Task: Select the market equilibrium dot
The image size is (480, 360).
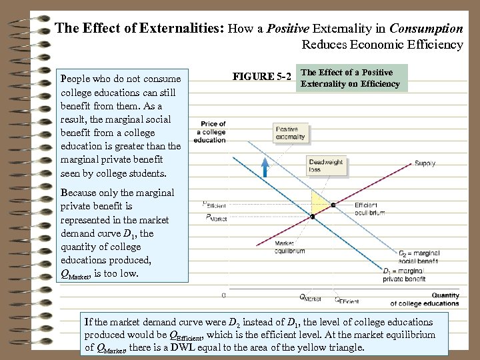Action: point(312,217)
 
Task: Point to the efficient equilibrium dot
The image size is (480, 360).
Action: point(333,203)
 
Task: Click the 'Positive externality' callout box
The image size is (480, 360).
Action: point(291,133)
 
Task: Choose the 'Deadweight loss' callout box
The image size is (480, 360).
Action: point(326,165)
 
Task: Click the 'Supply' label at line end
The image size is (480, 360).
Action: point(425,163)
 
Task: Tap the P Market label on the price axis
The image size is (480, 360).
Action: point(216,217)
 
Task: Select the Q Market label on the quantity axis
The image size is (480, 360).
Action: point(310,297)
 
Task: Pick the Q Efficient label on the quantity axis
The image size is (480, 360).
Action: point(346,301)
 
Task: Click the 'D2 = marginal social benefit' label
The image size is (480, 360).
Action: point(420,257)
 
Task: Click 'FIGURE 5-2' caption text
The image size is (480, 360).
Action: point(262,77)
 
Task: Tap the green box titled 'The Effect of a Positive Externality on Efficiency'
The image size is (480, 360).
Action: point(351,78)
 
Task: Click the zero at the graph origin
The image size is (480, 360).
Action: point(223,295)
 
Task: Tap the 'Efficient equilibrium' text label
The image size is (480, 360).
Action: point(369,209)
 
